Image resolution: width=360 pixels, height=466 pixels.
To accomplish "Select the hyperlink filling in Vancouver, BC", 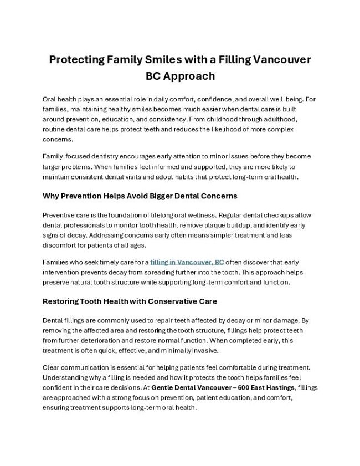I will point(187,262).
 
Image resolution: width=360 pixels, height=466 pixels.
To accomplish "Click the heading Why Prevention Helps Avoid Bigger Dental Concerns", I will point(140,196).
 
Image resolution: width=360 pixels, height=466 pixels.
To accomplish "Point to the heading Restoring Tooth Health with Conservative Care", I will point(130,301).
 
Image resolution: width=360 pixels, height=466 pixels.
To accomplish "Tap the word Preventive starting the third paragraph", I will point(59,214).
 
